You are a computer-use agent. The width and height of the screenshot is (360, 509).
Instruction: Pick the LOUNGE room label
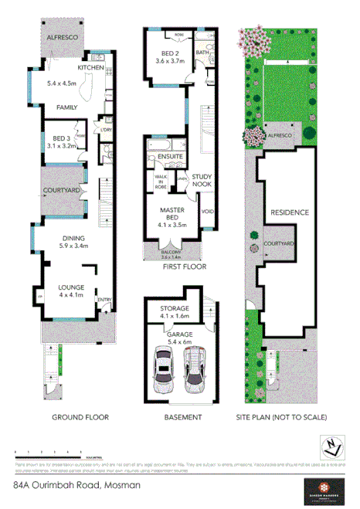point(71,290)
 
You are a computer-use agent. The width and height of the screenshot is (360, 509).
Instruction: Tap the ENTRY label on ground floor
point(104,300)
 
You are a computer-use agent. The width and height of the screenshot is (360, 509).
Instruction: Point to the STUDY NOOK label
point(201,180)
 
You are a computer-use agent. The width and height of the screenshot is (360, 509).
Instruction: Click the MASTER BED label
point(171,214)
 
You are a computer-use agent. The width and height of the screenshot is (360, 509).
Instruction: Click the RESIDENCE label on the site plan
point(289,212)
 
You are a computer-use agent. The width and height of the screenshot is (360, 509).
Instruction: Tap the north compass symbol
point(330,446)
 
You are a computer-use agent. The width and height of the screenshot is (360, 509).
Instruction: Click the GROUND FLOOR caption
point(80,417)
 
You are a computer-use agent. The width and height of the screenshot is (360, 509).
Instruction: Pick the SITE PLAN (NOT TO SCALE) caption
point(281,417)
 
